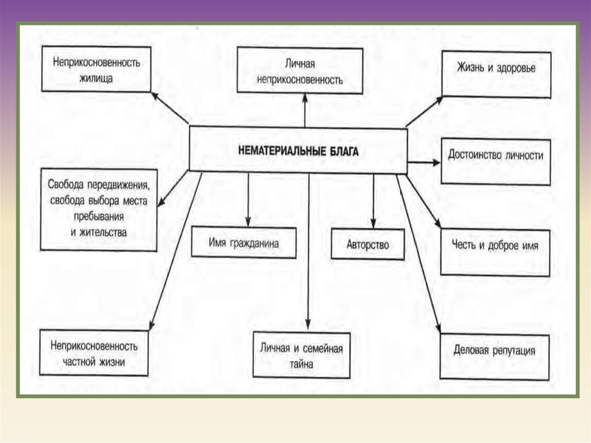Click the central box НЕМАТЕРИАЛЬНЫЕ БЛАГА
click(x=298, y=150)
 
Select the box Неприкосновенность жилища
click(x=96, y=69)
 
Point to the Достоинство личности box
click(x=496, y=161)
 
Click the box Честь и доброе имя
click(x=495, y=252)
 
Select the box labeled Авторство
click(x=368, y=244)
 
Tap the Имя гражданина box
click(x=244, y=243)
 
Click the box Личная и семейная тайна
click(x=301, y=356)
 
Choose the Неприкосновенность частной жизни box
click(x=94, y=354)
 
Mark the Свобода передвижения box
click(x=99, y=210)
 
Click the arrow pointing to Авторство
click(x=373, y=199)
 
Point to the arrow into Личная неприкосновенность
click(x=304, y=110)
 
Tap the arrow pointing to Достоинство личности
click(x=424, y=163)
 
